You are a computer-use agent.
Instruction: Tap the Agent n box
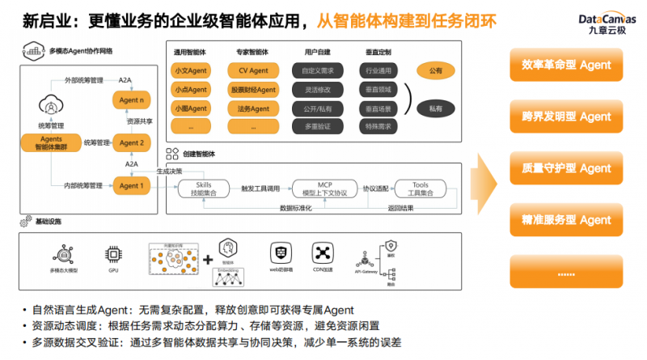pyautogui.click(x=131, y=100)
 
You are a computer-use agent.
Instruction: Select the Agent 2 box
pyautogui.click(x=131, y=143)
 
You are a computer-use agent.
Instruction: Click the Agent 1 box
pyautogui.click(x=131, y=186)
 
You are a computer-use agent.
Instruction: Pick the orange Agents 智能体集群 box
pyautogui.click(x=51, y=143)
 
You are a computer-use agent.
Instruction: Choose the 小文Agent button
pyautogui.click(x=191, y=70)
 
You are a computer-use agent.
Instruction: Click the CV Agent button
pyautogui.click(x=253, y=70)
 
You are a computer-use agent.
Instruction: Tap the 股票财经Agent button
pyautogui.click(x=253, y=90)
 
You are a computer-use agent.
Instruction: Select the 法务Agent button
pyautogui.click(x=253, y=108)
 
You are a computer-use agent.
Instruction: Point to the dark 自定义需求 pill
pyautogui.click(x=316, y=70)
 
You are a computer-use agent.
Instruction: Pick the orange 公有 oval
pyautogui.click(x=436, y=70)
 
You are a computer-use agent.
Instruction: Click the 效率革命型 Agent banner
pyautogui.click(x=566, y=66)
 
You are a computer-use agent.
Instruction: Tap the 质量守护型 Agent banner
pyautogui.click(x=566, y=168)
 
